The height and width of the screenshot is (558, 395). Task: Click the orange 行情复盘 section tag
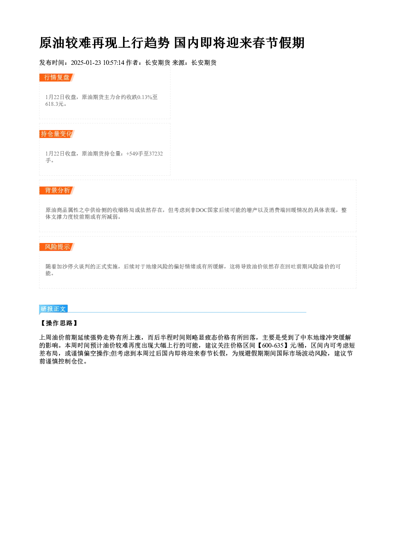[57, 78]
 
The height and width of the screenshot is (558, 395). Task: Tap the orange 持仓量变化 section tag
[57, 134]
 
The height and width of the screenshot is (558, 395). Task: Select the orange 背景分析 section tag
[57, 191]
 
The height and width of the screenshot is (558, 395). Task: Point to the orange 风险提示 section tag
[57, 247]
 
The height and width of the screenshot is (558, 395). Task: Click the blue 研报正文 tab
[53, 309]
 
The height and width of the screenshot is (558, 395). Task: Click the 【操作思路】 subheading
[59, 323]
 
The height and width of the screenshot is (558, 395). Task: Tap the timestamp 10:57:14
[113, 63]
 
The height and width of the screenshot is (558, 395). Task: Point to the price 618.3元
[55, 104]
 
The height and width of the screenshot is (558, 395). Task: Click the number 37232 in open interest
[156, 154]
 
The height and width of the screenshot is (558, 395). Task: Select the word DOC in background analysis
[202, 210]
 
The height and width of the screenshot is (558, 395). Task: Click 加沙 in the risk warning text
[59, 267]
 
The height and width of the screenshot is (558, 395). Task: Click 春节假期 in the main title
[278, 43]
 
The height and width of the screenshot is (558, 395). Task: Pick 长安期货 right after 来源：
[204, 63]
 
